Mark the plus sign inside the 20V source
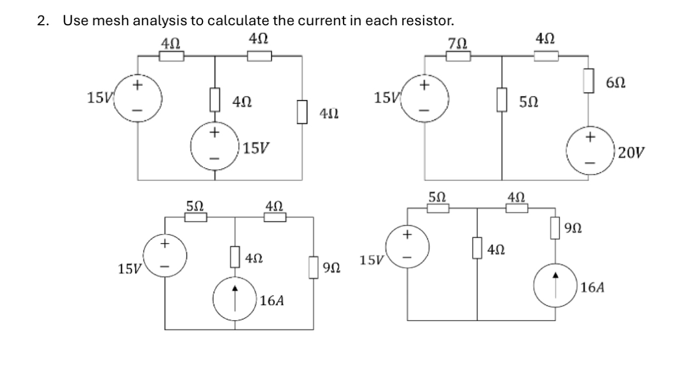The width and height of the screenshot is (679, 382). (x=590, y=138)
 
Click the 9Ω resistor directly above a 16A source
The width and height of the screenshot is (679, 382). (x=558, y=228)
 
